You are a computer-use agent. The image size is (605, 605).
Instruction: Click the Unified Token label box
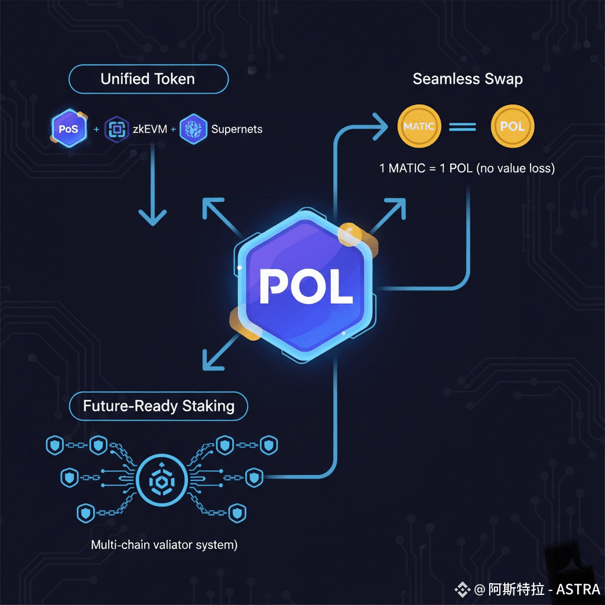(x=148, y=79)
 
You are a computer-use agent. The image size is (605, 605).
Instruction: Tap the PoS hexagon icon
(x=69, y=128)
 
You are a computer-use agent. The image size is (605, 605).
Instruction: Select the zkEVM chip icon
(x=116, y=129)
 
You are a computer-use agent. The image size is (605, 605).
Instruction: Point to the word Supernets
(x=237, y=129)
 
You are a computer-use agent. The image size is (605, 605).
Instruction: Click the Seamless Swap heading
(x=467, y=79)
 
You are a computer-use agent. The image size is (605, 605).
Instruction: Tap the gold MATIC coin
(x=419, y=126)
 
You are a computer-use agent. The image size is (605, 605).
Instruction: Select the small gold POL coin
(x=512, y=126)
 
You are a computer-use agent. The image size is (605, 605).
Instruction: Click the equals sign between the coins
(x=463, y=126)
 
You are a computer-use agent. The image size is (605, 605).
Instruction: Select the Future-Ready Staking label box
(x=158, y=406)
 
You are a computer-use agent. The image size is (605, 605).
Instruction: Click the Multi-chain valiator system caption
(x=164, y=545)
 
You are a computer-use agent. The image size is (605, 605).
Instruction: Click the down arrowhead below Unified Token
(x=152, y=217)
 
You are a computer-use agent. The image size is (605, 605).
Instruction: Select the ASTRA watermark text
(x=578, y=589)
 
